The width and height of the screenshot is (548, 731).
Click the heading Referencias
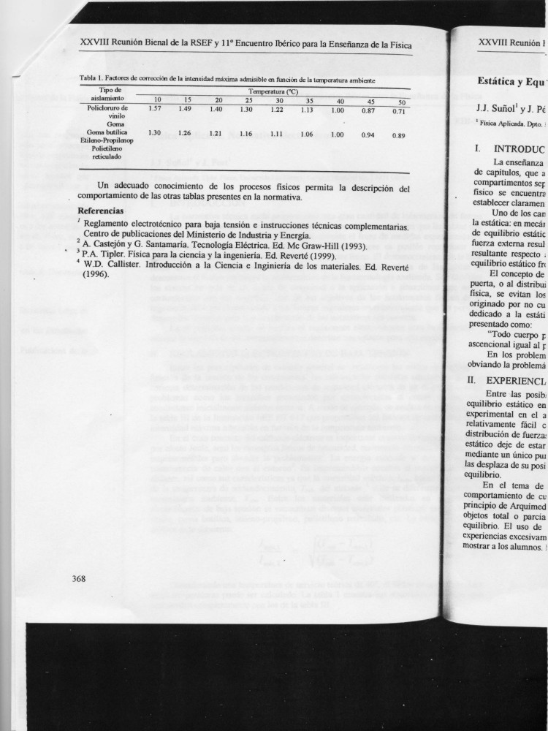pyautogui.click(x=102, y=211)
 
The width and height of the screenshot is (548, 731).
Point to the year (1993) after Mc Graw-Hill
pyautogui.click(x=341, y=245)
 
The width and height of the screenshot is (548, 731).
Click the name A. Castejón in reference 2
pyautogui.click(x=107, y=245)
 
